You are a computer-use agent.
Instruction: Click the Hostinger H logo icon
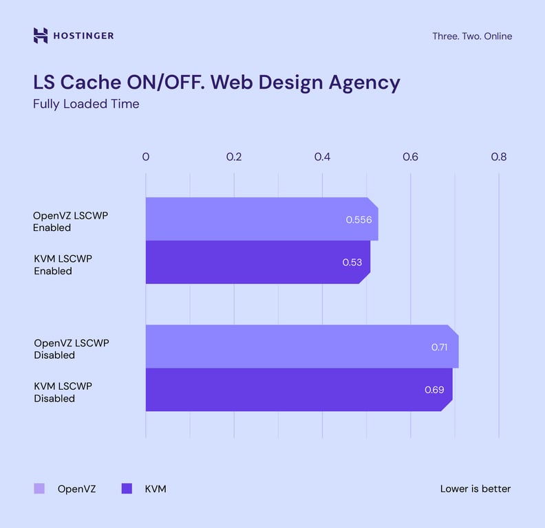coord(41,36)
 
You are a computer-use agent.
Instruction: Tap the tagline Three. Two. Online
coord(471,36)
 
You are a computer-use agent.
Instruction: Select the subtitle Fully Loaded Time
coord(86,104)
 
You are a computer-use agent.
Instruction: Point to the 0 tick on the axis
coord(146,157)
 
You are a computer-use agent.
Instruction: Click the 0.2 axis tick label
coord(234,157)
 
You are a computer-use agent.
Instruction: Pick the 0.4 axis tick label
coord(322,157)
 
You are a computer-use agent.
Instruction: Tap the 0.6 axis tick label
coord(410,157)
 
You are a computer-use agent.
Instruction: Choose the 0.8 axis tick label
coord(498,157)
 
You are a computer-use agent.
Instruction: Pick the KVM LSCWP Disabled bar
coord(289,390)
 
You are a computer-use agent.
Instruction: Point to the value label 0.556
coord(359,220)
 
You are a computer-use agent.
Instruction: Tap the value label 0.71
coord(440,347)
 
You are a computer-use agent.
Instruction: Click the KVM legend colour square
coord(127,489)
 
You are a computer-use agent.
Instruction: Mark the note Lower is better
coord(475,489)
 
